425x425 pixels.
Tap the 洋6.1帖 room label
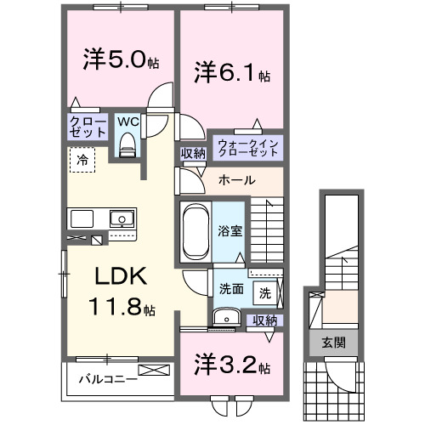(229, 73)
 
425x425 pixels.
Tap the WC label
(127, 121)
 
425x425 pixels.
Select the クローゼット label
(88, 128)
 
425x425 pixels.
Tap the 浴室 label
(229, 229)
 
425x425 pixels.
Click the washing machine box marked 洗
(264, 292)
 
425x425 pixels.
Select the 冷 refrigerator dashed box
(84, 159)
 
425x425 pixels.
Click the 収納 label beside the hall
(192, 153)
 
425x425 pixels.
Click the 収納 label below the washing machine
(264, 320)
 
